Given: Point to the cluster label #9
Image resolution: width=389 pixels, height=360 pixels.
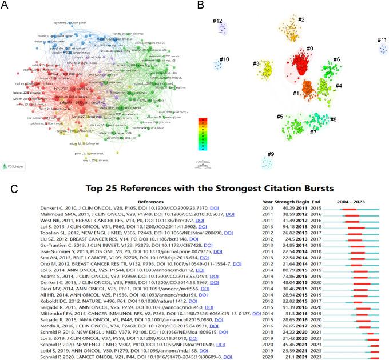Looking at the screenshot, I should click(271, 154).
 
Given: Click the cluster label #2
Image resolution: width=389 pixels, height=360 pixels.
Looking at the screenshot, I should click(300, 20).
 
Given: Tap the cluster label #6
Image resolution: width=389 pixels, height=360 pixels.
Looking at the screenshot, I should click(337, 59).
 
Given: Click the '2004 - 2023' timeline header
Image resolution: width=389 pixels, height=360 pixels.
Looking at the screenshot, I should click(359, 201).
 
